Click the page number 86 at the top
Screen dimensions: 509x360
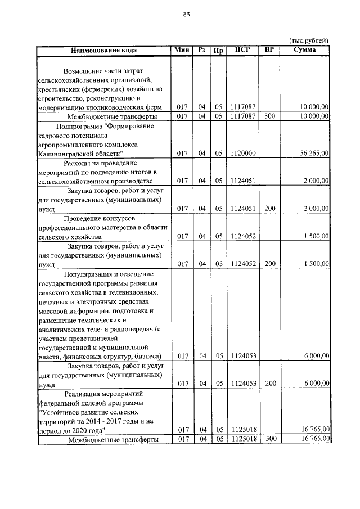(186, 15)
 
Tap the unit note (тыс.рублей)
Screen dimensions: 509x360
(308, 40)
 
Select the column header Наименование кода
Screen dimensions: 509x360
(103, 50)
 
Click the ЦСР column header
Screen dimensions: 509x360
(243, 50)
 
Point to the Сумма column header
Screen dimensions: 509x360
(304, 50)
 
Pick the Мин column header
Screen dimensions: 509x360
(182, 50)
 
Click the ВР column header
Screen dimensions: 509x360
(269, 50)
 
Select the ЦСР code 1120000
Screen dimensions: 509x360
(243, 153)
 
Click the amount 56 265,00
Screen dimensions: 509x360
(310, 153)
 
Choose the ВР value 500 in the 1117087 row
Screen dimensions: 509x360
(269, 116)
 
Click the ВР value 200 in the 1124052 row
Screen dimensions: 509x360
(269, 263)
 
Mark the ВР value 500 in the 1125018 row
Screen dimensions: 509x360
(269, 439)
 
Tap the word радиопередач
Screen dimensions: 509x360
(132, 328)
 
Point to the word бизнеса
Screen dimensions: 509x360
(148, 356)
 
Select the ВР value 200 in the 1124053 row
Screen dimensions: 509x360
(269, 384)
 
